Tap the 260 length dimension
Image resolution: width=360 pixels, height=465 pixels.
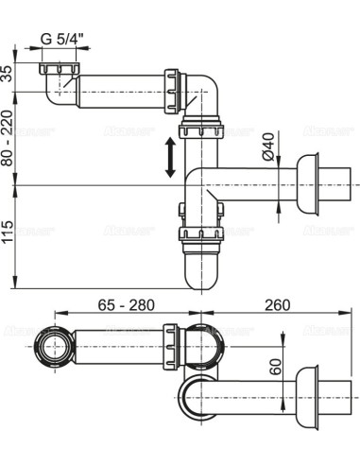(276, 306)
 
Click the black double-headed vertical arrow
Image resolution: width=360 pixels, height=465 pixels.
(170, 157)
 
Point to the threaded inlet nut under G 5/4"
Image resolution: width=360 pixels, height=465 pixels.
(58, 69)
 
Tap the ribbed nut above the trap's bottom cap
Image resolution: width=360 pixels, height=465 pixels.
(199, 238)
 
